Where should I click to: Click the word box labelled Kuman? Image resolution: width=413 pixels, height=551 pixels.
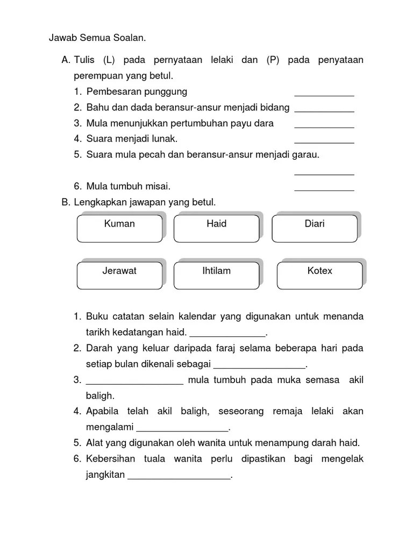coord(119,228)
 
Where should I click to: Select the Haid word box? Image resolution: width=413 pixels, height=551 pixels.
coord(217,228)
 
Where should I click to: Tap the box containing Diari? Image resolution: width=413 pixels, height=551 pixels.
coord(315,228)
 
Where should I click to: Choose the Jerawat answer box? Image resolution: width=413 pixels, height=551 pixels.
coord(119,275)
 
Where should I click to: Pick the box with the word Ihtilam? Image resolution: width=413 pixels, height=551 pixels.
coord(217,275)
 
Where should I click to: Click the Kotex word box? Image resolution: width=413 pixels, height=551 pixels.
coord(320,275)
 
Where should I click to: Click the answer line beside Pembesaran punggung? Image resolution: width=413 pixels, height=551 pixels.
coord(324,95)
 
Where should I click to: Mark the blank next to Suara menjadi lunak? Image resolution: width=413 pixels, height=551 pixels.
coord(324,142)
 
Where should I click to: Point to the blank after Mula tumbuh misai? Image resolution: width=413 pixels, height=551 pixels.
coord(324,189)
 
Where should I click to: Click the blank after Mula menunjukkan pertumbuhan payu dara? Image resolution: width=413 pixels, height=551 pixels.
coord(324,126)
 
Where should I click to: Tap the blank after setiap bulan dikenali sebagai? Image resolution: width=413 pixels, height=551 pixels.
coord(259,366)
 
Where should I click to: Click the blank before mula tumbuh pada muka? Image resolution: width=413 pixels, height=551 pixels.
coord(134,383)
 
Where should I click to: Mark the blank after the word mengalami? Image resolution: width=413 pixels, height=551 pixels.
coord(183,430)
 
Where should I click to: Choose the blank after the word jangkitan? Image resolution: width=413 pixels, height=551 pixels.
coord(179,477)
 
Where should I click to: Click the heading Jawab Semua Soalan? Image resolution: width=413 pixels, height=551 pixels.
coord(97,38)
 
